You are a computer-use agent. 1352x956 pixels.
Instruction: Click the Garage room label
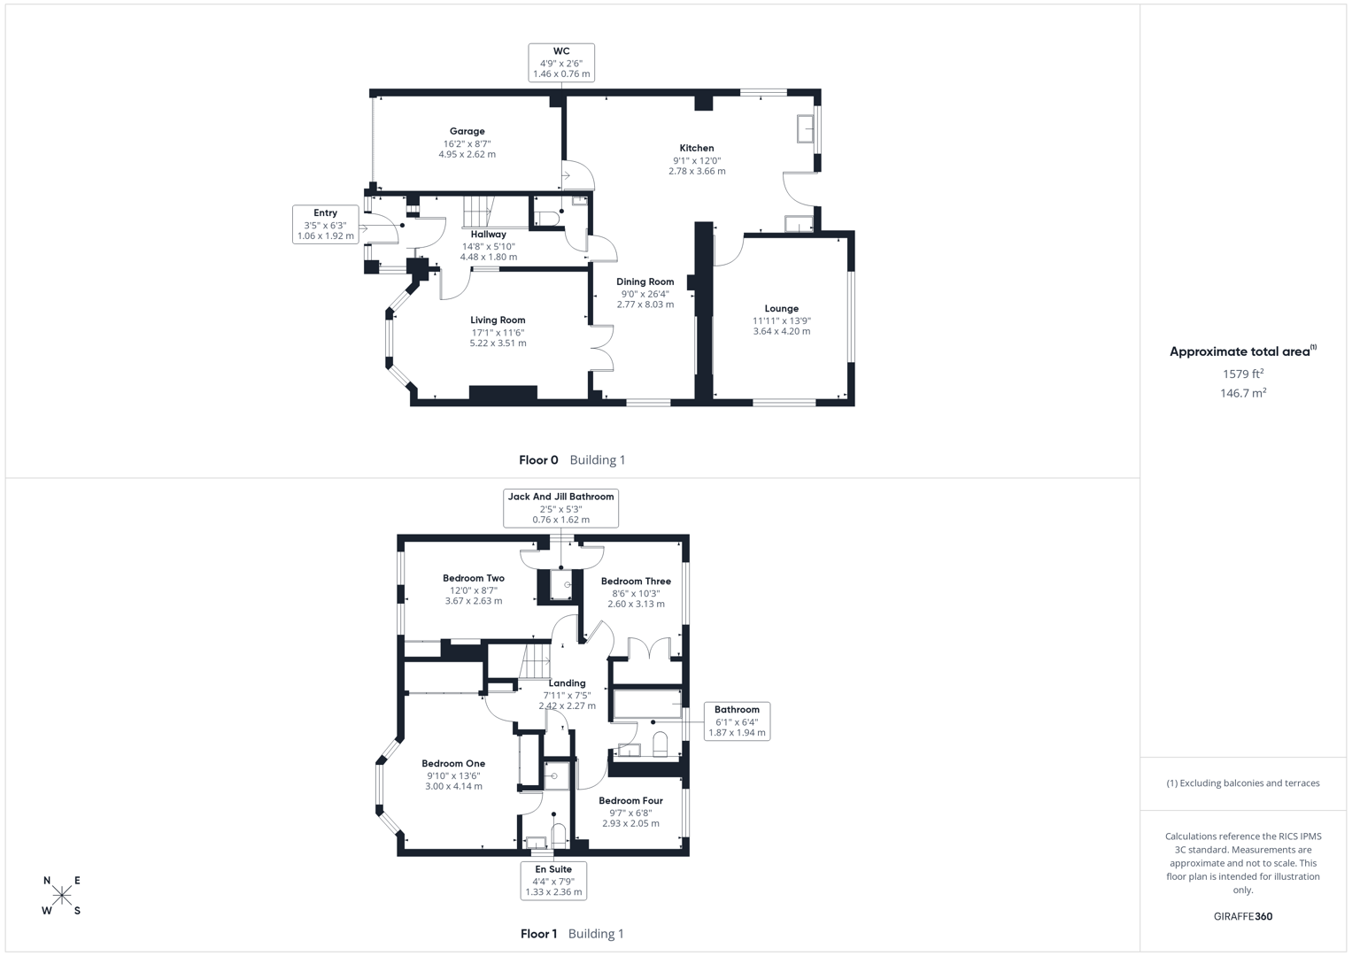tap(467, 131)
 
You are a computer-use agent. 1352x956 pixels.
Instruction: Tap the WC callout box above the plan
tap(561, 63)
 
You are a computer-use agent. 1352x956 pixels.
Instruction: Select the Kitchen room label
tap(697, 148)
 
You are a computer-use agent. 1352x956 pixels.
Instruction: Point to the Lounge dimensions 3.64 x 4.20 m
tap(782, 331)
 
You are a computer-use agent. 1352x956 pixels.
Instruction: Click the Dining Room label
tap(645, 281)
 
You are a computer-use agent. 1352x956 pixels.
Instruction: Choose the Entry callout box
tap(326, 224)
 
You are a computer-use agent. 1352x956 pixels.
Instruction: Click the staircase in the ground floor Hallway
tap(477, 212)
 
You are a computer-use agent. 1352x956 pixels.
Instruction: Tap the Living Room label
tap(498, 320)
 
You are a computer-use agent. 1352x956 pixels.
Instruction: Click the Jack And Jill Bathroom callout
tap(560, 508)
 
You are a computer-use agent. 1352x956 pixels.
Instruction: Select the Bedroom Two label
tap(474, 578)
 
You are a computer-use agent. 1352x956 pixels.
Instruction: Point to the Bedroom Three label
tap(636, 582)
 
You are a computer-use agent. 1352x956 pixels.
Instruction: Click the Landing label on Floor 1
tap(567, 683)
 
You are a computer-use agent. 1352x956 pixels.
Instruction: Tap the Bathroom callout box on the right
tap(737, 721)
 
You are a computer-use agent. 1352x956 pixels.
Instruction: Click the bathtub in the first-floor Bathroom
tap(647, 705)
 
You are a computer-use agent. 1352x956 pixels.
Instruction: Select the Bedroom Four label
tap(630, 800)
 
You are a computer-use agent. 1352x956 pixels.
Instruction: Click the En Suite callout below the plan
tap(553, 881)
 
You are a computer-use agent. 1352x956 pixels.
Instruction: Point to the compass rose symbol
tap(62, 895)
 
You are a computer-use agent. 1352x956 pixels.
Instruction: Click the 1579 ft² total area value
tap(1243, 374)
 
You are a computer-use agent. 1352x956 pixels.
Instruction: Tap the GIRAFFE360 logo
tap(1243, 916)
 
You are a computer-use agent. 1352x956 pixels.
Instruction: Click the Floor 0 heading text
tap(538, 459)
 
